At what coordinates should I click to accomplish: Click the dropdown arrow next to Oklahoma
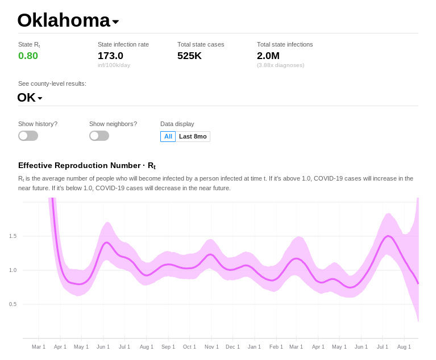[x=115, y=22]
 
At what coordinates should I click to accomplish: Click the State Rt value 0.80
[x=28, y=56]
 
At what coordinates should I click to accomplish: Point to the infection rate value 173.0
[x=110, y=56]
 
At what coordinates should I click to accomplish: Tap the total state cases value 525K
[x=189, y=56]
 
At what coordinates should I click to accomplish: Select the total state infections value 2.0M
[x=268, y=56]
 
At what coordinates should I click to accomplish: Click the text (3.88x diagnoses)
[x=280, y=65]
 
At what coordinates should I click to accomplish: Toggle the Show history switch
[x=28, y=136]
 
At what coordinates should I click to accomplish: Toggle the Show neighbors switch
[x=99, y=136]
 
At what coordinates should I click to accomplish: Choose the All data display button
[x=168, y=136]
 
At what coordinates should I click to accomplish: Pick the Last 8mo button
[x=193, y=136]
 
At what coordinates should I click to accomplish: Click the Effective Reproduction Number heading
[x=86, y=166]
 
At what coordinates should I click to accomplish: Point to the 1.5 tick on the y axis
[x=13, y=236]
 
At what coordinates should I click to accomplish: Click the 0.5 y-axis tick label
[x=13, y=304]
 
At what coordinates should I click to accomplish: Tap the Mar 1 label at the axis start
[x=39, y=346]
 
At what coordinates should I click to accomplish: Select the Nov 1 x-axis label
[x=211, y=346]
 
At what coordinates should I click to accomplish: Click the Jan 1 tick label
[x=255, y=346]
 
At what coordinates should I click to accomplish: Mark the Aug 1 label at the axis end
[x=404, y=346]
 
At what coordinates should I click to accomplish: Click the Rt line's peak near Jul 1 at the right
[x=389, y=236]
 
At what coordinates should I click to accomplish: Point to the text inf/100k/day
[x=114, y=65]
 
